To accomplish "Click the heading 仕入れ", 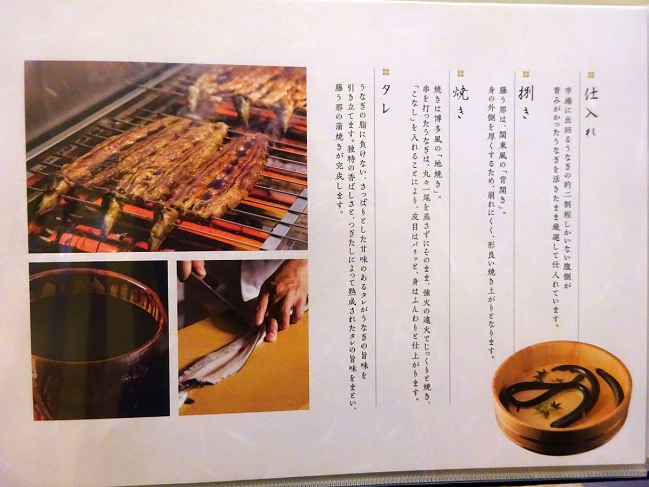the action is [591, 113].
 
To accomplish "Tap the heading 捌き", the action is [526, 102].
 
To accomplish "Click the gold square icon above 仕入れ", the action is [590, 75].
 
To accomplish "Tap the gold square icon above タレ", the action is [386, 72].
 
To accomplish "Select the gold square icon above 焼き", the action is [460, 74].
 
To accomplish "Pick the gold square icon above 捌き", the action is [526, 74].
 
